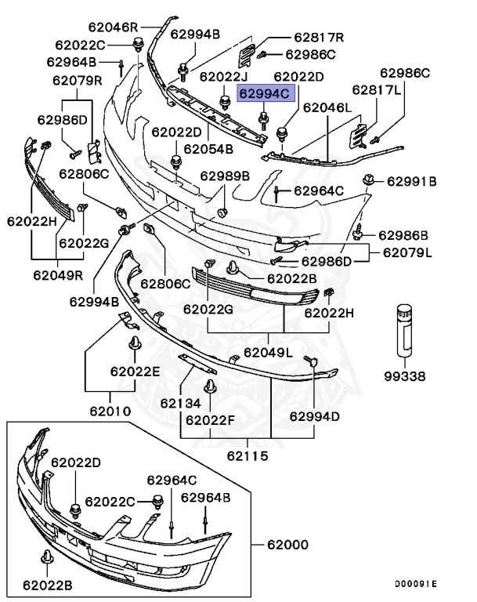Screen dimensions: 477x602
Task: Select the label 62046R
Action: pyautogui.click(x=114, y=27)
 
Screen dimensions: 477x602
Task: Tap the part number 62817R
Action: pyautogui.click(x=319, y=38)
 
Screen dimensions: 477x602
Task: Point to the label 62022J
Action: pyautogui.click(x=225, y=77)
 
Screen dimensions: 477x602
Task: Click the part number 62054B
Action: pyautogui.click(x=208, y=149)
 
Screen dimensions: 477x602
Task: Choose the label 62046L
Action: pyautogui.click(x=327, y=107)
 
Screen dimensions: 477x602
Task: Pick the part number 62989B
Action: pyautogui.click(x=225, y=176)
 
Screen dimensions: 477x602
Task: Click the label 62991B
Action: pyautogui.click(x=412, y=181)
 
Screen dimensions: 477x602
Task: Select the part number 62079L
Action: pyautogui.click(x=407, y=252)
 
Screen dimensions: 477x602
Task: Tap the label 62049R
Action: pyautogui.click(x=58, y=275)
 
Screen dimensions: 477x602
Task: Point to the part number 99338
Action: pyautogui.click(x=405, y=376)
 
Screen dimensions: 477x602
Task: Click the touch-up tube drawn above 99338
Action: pyautogui.click(x=404, y=330)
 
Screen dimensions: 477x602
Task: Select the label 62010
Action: pyautogui.click(x=110, y=412)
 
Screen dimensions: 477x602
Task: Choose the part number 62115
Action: pyautogui.click(x=248, y=455)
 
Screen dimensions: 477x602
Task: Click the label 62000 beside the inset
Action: pyautogui.click(x=287, y=545)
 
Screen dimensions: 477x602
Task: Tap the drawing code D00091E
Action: pyautogui.click(x=416, y=584)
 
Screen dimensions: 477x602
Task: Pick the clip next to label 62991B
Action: pyautogui.click(x=369, y=180)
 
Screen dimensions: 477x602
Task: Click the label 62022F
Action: pyautogui.click(x=210, y=420)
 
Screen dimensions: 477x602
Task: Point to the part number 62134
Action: pyautogui.click(x=180, y=403)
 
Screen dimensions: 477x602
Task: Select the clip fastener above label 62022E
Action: pyautogui.click(x=135, y=343)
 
